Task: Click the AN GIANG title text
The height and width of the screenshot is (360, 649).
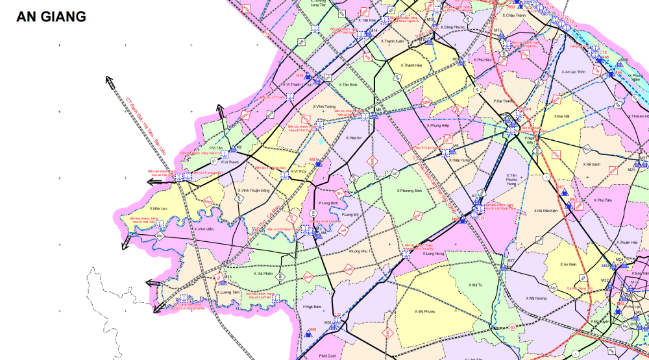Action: (x=51, y=17)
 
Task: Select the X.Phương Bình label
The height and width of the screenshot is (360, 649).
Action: (x=410, y=191)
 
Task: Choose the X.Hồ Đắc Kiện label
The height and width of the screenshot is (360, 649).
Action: (x=547, y=211)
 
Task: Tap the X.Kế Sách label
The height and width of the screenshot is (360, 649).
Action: (x=593, y=165)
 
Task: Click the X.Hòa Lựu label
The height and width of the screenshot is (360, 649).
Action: (x=158, y=209)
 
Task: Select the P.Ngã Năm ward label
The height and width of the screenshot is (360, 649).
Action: (x=312, y=307)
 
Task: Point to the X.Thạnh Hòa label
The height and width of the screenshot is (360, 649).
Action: (x=411, y=66)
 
